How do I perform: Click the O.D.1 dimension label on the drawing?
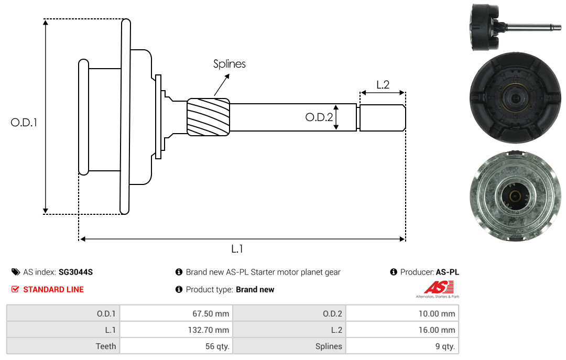[x=24, y=123]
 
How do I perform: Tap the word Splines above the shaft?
[x=229, y=64]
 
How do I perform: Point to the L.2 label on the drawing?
[x=383, y=84]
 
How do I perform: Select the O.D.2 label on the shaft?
[x=319, y=117]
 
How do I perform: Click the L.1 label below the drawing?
[x=237, y=249]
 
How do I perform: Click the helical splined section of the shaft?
[x=208, y=117]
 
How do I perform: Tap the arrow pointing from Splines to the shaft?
[x=222, y=85]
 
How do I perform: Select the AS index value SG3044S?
[x=76, y=272]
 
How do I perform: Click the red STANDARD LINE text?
[x=53, y=289]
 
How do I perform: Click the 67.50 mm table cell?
[x=176, y=313]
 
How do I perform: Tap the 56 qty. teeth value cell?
[x=176, y=346]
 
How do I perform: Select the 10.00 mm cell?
[x=402, y=313]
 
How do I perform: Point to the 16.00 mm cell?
[x=402, y=330]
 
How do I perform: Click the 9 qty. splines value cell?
[x=402, y=346]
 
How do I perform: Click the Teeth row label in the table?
[x=106, y=346]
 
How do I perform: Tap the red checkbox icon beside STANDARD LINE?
[x=15, y=289]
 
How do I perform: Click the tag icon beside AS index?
[x=16, y=272]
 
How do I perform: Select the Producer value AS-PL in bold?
[x=447, y=272]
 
